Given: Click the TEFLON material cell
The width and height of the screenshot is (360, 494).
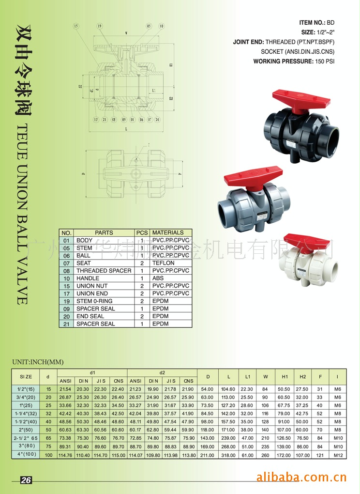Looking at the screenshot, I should click(x=164, y=263).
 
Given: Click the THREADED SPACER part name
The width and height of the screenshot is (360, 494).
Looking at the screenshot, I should click(x=104, y=271).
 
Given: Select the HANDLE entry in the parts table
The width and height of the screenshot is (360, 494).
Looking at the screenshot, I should click(x=88, y=278).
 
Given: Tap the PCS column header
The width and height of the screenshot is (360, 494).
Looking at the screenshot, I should click(x=142, y=232).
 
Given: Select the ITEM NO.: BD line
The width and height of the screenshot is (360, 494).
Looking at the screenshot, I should click(x=317, y=23).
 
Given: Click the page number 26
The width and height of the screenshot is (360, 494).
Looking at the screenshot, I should click(x=26, y=480).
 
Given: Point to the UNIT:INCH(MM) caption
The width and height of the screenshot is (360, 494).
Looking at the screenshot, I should click(x=38, y=362).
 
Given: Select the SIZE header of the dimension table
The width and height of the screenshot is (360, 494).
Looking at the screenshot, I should click(x=26, y=376).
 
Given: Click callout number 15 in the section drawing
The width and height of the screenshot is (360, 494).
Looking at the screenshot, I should click(x=76, y=26).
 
